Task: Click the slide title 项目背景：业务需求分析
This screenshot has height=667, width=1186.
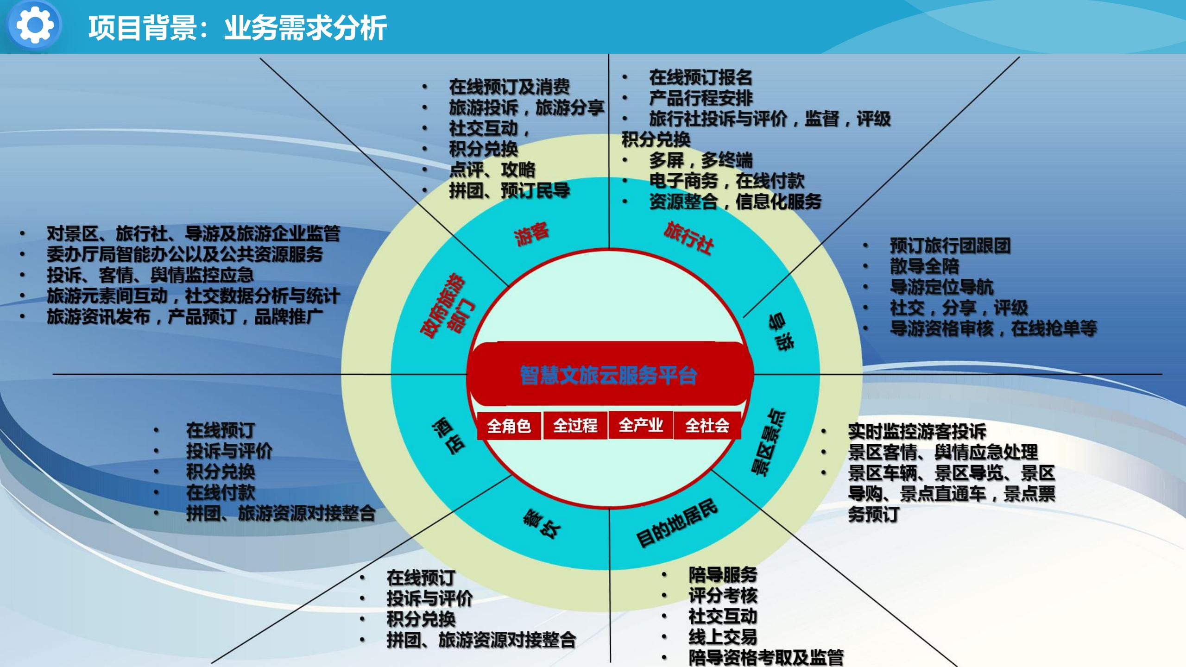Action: tap(237, 28)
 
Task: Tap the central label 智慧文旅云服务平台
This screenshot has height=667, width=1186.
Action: tap(608, 375)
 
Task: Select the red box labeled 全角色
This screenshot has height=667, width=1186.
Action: tap(509, 426)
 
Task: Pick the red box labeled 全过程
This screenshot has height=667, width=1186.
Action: tap(575, 425)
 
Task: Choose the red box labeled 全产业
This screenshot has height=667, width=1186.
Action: tap(641, 425)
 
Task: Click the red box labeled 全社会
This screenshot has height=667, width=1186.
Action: tap(707, 425)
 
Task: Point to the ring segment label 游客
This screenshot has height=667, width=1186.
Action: tap(531, 234)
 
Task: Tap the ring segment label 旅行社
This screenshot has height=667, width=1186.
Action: tap(688, 238)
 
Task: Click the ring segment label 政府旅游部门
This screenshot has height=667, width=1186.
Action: tap(447, 306)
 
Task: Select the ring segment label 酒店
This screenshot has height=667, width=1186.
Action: tap(448, 436)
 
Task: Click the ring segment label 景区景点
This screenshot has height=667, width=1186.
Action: tap(768, 442)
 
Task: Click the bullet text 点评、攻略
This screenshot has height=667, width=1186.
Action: tap(492, 170)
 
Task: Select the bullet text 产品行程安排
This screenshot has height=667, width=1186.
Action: tap(700, 98)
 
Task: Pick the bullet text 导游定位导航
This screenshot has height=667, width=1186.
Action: tap(941, 287)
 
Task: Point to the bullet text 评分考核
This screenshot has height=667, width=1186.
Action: tap(723, 596)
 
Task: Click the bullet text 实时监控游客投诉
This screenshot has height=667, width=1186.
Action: tap(917, 431)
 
